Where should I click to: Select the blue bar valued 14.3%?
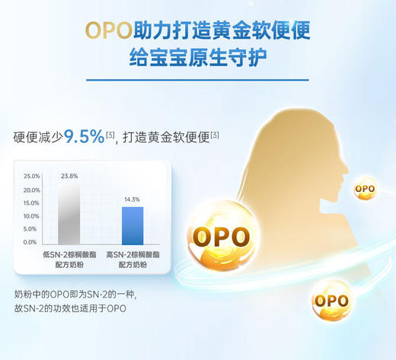tap(132, 225)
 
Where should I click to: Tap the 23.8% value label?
tap(69, 176)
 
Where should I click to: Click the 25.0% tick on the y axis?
tap(31, 176)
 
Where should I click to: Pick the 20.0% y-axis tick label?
tap(31, 190)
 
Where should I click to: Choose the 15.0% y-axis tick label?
tap(31, 202)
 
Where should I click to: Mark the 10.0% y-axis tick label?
tap(31, 216)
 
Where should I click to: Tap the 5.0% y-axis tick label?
tap(33, 229)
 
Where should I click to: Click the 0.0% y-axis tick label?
tap(33, 242)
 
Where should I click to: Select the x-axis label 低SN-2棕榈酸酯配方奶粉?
tap(69, 258)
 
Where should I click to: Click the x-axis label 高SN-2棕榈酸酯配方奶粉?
tap(132, 258)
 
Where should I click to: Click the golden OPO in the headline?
tap(107, 31)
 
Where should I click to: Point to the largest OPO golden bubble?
tap(220, 235)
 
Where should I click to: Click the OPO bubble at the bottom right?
tap(331, 300)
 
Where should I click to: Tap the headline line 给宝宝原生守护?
tap(197, 58)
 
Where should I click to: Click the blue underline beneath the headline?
tap(197, 79)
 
